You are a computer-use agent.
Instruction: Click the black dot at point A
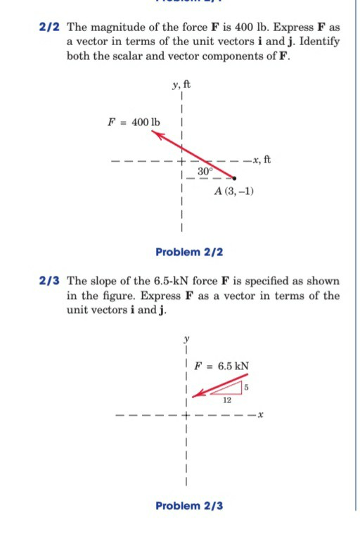pos(235,179)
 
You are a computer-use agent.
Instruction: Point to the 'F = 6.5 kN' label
pos(223,367)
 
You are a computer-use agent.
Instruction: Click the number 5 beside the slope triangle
pos(247,386)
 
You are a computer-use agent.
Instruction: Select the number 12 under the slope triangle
pos(226,400)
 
